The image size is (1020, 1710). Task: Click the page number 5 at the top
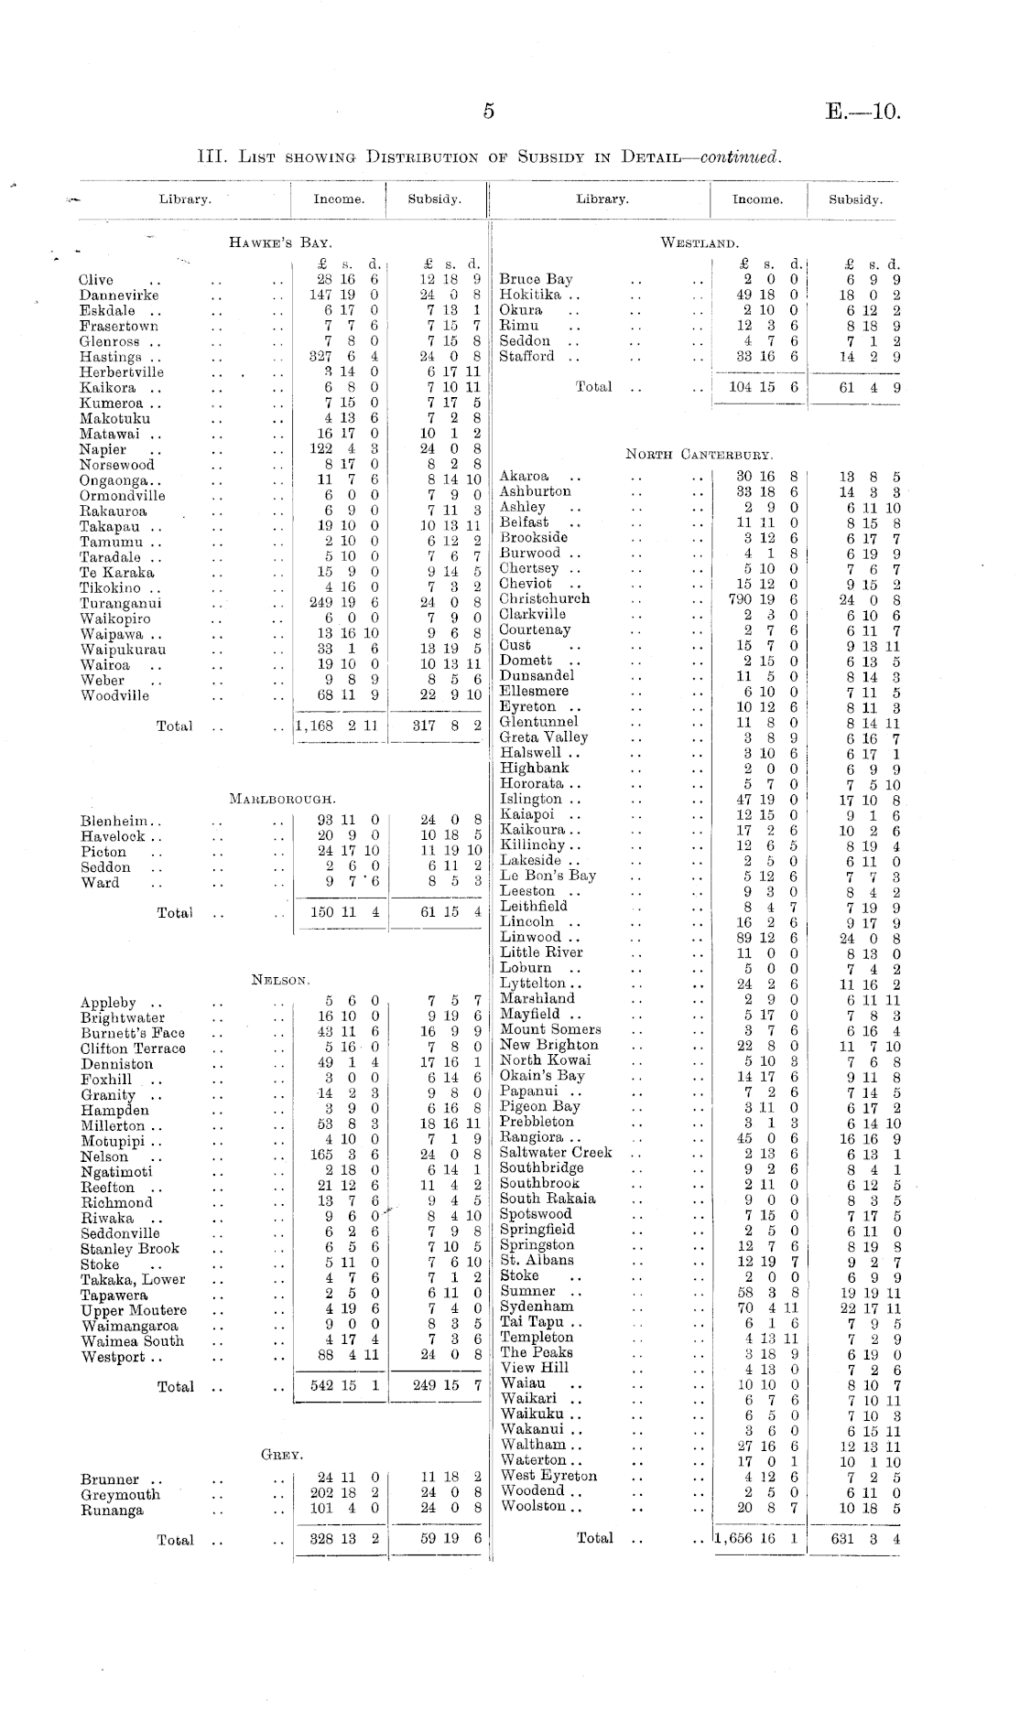pos(488,112)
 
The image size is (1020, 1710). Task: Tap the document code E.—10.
pos(862,112)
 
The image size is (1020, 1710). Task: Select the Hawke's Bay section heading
pos(279,242)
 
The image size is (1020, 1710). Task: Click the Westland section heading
pos(699,242)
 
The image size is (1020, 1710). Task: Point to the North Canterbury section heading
pos(699,454)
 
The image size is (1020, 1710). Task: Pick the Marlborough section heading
pos(282,799)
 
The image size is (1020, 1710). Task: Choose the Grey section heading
pos(281,1454)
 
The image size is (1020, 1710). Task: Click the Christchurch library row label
pos(544,599)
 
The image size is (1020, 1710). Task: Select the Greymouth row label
pos(119,1495)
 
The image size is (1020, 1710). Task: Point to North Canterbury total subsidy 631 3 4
pos(858,1539)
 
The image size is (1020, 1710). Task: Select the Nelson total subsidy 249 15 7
pos(447,1386)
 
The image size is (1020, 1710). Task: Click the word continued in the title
pos(740,156)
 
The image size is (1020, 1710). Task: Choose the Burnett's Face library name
pos(132,1033)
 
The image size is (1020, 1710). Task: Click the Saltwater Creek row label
pos(555,1153)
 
